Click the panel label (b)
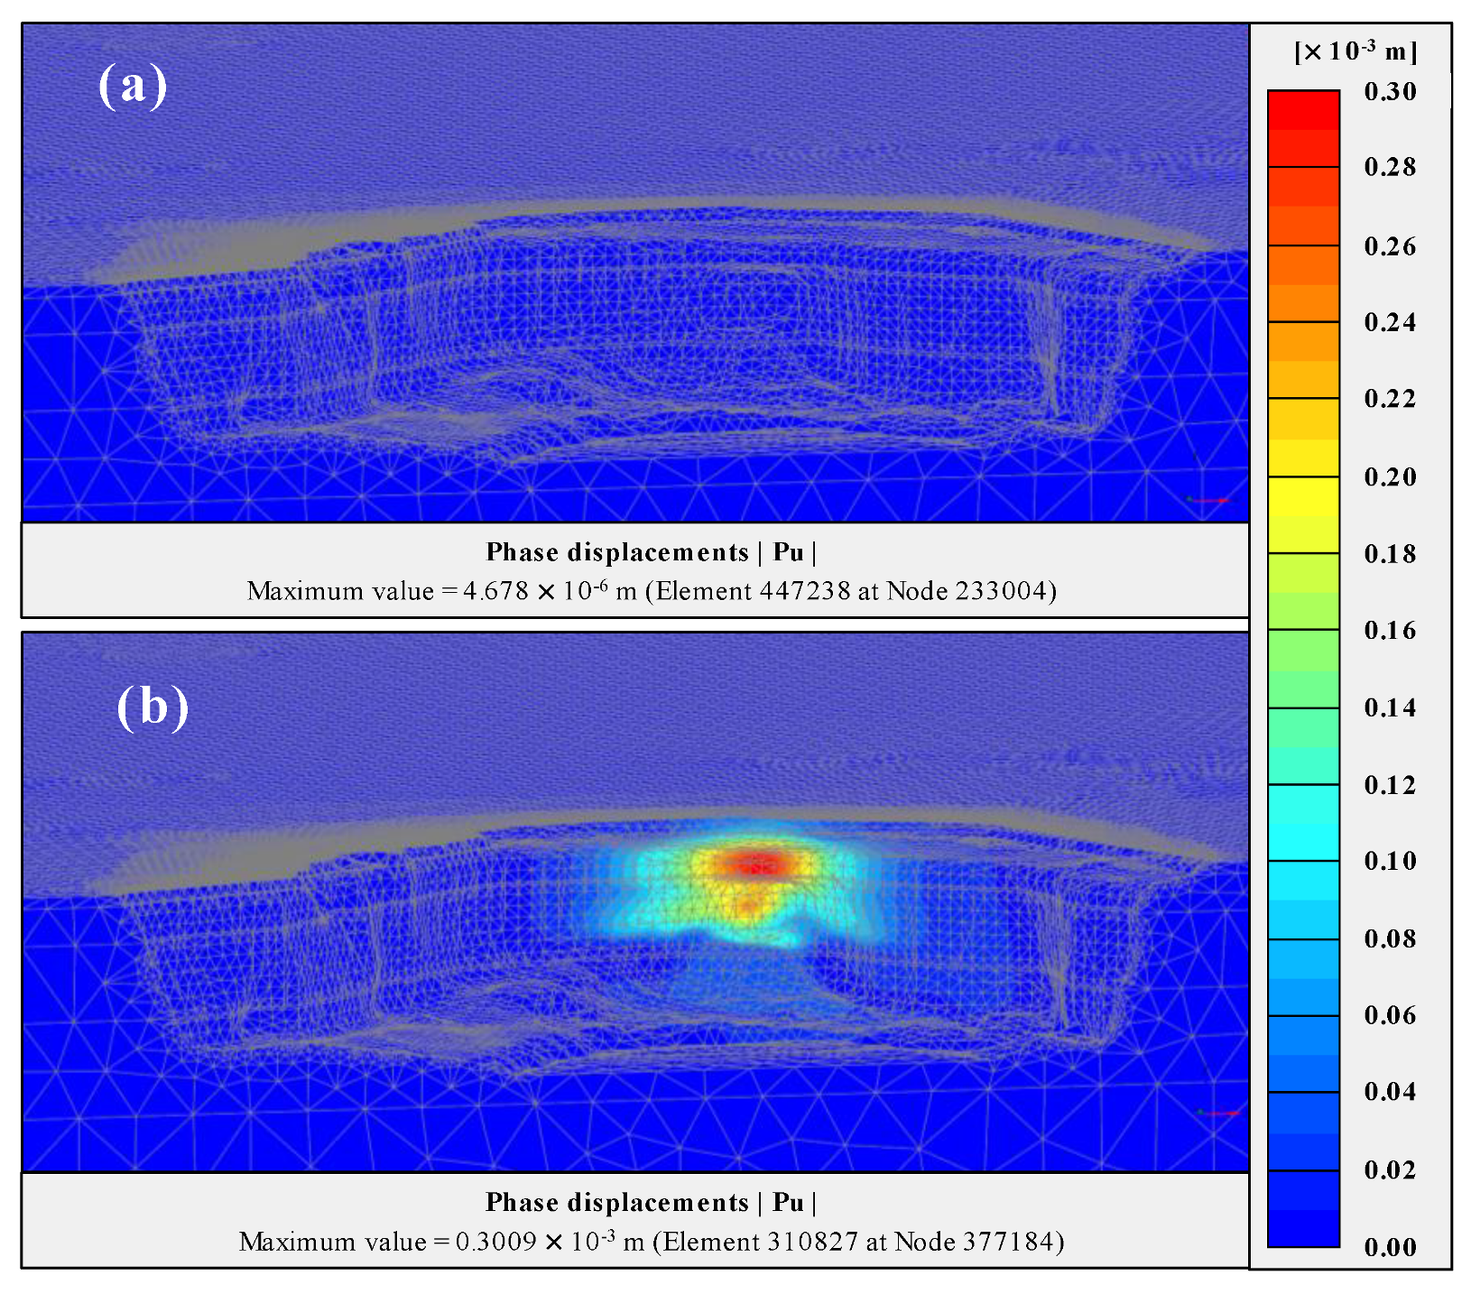pyautogui.click(x=153, y=707)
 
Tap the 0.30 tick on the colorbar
pyautogui.click(x=1390, y=91)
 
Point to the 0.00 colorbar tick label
pyautogui.click(x=1390, y=1247)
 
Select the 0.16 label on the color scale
pyautogui.click(x=1390, y=630)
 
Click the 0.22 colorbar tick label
pyautogui.click(x=1390, y=399)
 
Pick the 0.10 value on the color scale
pyautogui.click(x=1390, y=861)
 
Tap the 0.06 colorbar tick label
pyautogui.click(x=1390, y=1015)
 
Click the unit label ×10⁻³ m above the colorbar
pyautogui.click(x=1355, y=51)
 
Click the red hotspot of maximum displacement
pyautogui.click(x=756, y=865)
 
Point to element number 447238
pyautogui.click(x=805, y=591)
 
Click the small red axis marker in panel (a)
pyautogui.click(x=1212, y=500)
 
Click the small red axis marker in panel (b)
pyautogui.click(x=1221, y=1114)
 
